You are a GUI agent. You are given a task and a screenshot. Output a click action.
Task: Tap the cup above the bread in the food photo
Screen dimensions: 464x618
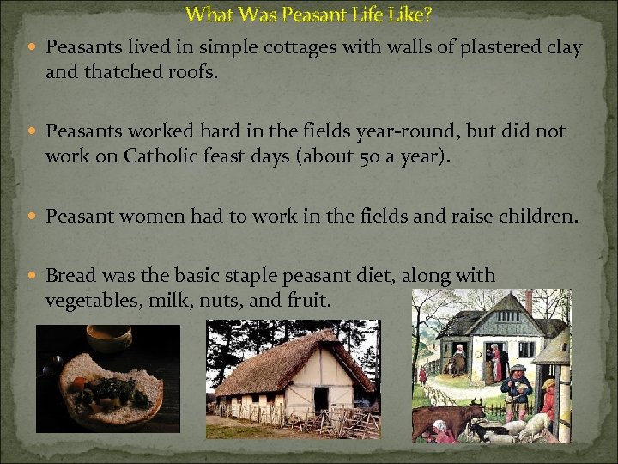click(109, 336)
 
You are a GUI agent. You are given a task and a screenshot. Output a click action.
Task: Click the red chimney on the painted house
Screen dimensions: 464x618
click(529, 302)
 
